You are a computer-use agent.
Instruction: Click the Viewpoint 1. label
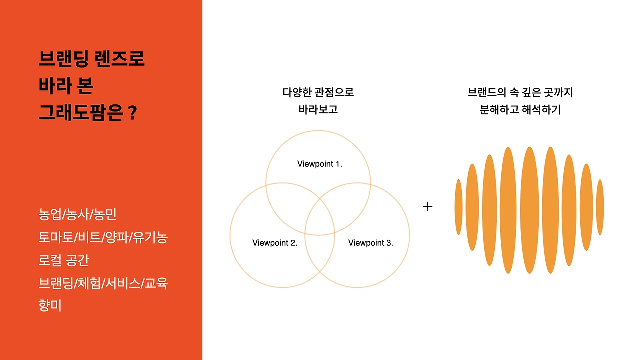pos(319,164)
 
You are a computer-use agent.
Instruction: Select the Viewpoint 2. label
pos(275,243)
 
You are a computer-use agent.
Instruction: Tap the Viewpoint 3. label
pos(370,243)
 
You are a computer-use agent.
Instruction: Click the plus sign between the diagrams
pos(427,206)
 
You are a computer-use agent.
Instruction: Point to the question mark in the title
pos(132,113)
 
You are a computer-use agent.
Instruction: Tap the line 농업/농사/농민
pos(77,215)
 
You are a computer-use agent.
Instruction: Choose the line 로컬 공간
pos(63,261)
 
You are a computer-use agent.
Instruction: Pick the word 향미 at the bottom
pos(50,305)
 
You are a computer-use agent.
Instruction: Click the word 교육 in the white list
pos(156,283)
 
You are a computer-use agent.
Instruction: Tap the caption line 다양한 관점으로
pos(318,92)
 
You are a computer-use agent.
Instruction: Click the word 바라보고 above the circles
pos(318,109)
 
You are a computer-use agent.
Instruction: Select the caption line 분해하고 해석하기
pos(520,109)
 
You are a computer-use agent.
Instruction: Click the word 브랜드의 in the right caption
pos(486,92)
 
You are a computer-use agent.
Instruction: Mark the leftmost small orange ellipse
pos(458,207)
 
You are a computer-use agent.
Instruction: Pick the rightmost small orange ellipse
pos(600,207)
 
